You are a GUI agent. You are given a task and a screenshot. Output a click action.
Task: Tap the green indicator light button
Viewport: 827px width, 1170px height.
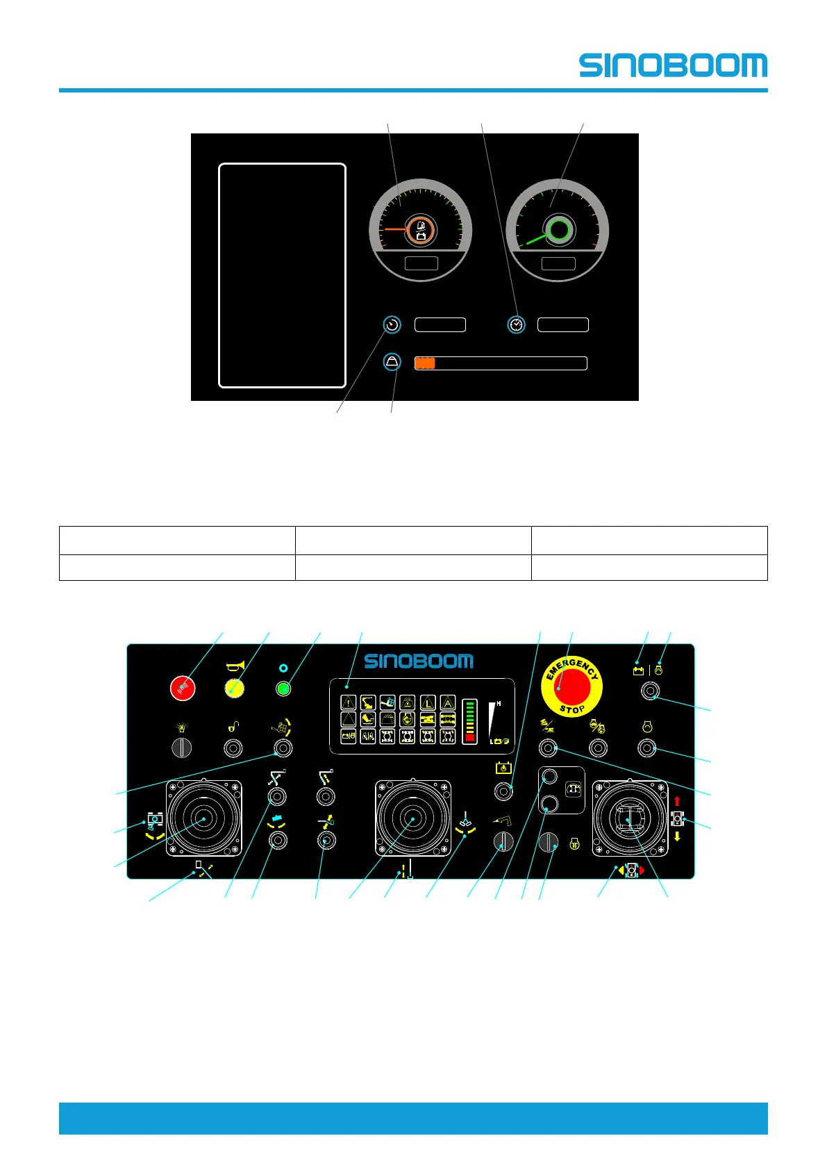coord(283,689)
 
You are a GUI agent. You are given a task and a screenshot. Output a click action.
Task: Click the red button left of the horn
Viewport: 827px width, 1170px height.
coord(183,688)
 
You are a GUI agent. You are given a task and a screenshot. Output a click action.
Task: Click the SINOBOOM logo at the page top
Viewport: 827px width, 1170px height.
coord(673,65)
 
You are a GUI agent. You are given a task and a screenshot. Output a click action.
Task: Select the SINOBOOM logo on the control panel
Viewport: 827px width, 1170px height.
coord(419,661)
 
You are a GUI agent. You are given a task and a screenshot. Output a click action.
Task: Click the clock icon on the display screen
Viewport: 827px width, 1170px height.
coord(517,324)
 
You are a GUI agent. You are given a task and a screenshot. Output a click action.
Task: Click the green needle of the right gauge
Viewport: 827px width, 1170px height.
coord(536,238)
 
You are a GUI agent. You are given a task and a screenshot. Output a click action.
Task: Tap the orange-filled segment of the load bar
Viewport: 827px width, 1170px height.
coord(425,363)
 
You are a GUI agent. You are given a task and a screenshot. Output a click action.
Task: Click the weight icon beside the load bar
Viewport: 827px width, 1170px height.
coord(392,362)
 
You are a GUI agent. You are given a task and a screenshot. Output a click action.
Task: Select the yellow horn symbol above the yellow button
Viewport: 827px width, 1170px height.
coord(235,666)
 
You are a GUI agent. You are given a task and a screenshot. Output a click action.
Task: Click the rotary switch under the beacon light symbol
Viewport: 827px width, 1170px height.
coord(181,748)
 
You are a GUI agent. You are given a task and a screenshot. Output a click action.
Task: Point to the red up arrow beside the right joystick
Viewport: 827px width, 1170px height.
coord(677,801)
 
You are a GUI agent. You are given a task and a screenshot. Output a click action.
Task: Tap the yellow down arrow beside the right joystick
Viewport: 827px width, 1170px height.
coord(677,837)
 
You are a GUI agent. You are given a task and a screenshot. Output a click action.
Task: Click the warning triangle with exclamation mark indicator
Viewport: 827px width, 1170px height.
coord(349,702)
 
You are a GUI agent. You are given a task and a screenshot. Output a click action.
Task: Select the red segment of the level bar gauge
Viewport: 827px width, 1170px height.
coord(470,738)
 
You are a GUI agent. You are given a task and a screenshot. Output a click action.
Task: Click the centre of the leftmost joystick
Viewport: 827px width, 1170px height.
coord(203,818)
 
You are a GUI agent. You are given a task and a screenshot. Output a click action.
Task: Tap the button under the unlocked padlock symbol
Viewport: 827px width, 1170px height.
coord(233,748)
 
